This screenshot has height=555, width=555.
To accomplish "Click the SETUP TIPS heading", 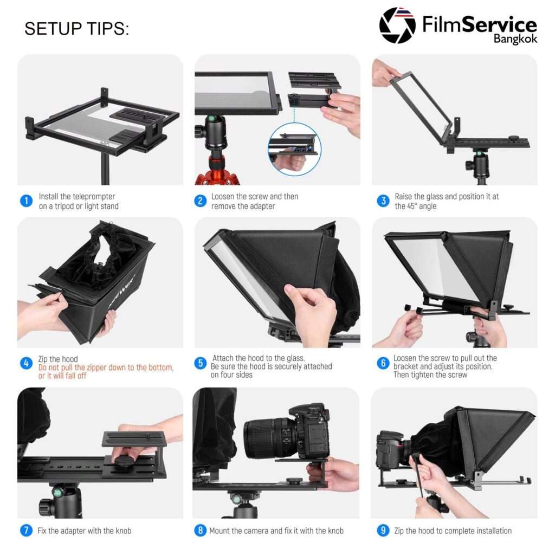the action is (x=76, y=29).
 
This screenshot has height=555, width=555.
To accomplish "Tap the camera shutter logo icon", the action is (x=397, y=25).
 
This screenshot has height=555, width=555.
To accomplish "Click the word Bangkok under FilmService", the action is (x=515, y=39).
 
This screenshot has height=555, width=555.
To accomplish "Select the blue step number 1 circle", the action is (x=26, y=201).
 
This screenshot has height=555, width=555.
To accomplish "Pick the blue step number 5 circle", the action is (x=201, y=363).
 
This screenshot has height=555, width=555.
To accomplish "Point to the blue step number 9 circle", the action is (x=383, y=530).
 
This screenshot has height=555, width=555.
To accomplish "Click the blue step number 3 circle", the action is (x=383, y=201).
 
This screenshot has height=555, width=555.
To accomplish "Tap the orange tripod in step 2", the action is (x=217, y=170).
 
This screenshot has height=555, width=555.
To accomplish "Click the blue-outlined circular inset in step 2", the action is (x=294, y=150).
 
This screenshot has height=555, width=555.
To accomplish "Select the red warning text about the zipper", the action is (x=106, y=372).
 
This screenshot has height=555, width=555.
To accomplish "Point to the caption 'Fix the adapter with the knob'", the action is (x=84, y=531).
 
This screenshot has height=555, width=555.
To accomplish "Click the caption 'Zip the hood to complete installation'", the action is (x=453, y=531).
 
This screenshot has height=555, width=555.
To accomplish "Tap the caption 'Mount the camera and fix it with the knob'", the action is (x=276, y=531).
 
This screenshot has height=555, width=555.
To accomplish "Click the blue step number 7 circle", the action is (x=26, y=530).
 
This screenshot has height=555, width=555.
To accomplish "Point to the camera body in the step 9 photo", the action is (x=390, y=449).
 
